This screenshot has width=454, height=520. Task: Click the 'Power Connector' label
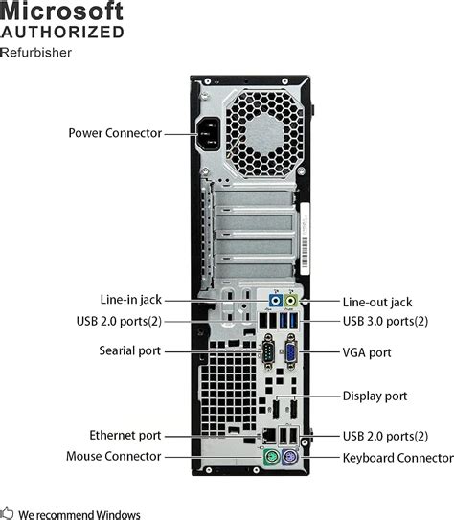pos(115,133)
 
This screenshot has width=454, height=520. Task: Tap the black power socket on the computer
pos(214,137)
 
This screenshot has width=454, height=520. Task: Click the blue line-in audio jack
pos(276,300)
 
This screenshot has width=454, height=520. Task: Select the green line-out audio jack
pos(293,301)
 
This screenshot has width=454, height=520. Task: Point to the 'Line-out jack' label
pos(377,302)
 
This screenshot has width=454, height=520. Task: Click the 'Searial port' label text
pos(130,351)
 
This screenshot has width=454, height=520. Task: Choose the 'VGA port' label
pos(367,352)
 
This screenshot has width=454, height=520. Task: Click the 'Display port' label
pos(375,396)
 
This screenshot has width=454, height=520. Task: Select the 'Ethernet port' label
pos(125,435)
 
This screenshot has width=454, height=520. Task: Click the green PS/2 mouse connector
pos(270,460)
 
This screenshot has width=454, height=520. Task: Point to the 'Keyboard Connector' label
pos(397,458)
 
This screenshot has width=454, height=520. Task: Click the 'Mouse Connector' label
pos(114,457)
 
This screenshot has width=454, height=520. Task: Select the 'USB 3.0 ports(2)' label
pos(385,321)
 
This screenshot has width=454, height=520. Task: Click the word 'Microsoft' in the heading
pos(62,12)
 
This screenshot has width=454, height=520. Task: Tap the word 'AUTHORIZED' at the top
pos(62,33)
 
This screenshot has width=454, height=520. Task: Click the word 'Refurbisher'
pos(36,52)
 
